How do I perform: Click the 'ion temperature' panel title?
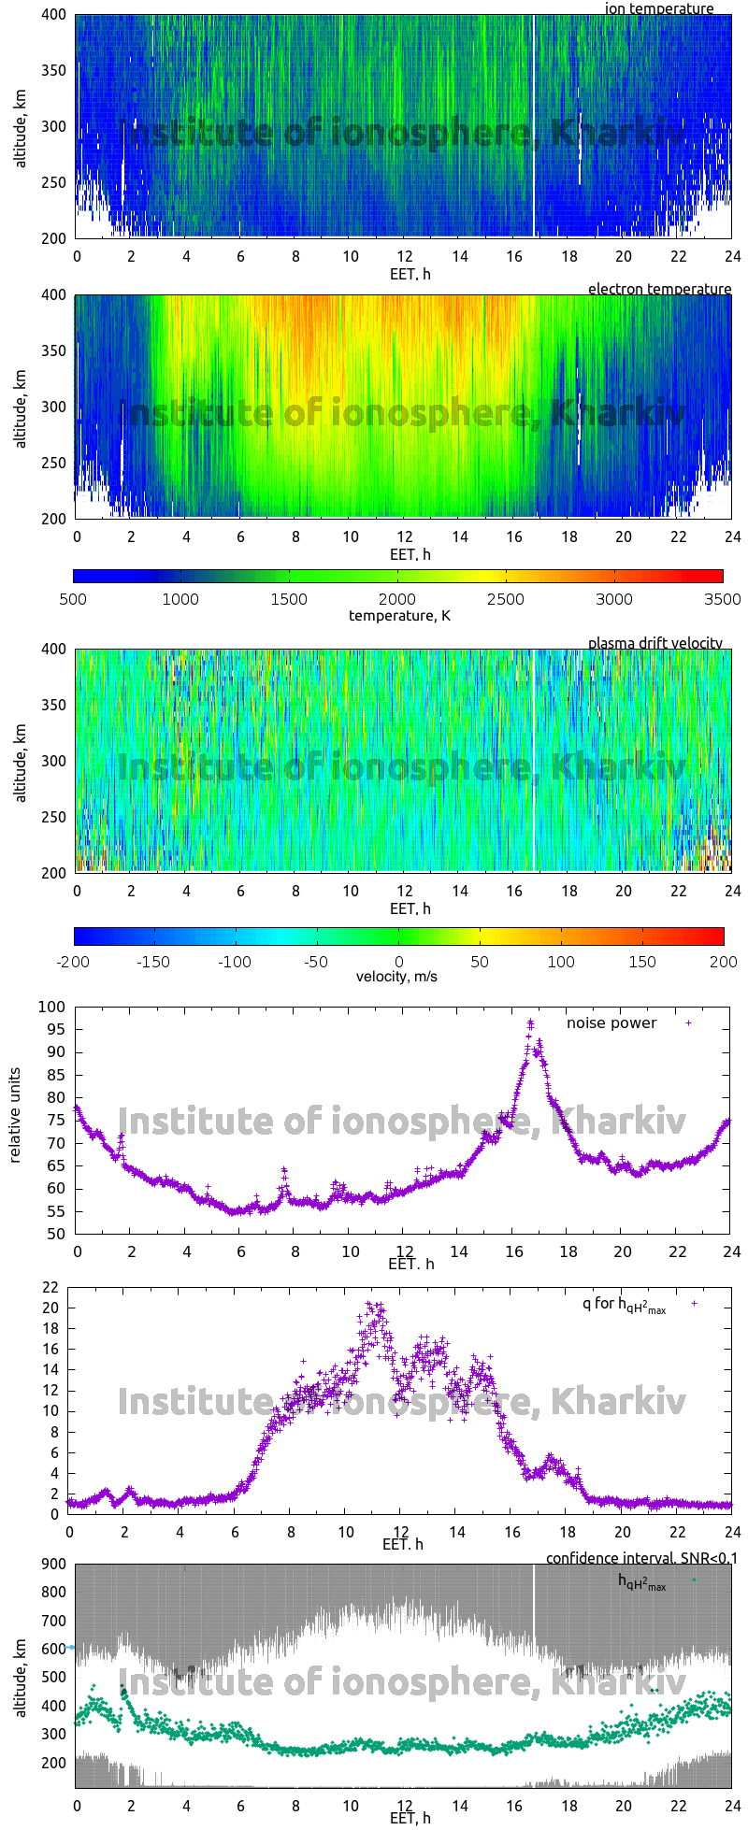coord(659,8)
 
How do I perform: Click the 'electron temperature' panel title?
coord(659,289)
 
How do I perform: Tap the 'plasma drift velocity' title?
coord(654,643)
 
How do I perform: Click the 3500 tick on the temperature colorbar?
coord(723,599)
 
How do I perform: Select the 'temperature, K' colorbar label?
coord(399,615)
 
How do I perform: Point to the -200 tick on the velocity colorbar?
coord(74,961)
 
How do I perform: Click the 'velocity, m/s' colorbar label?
coord(396,977)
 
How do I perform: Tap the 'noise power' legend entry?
coord(611,1022)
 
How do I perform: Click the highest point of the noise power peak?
coord(530,1022)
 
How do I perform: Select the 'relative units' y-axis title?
coord(15,1120)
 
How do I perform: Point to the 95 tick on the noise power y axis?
coord(56,1029)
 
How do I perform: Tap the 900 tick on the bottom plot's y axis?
coord(51,1565)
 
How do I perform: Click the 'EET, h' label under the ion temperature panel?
coord(410,274)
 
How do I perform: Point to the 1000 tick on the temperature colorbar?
coord(180,599)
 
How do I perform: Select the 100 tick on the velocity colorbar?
coord(561,961)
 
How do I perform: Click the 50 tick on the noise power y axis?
coord(56,1234)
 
